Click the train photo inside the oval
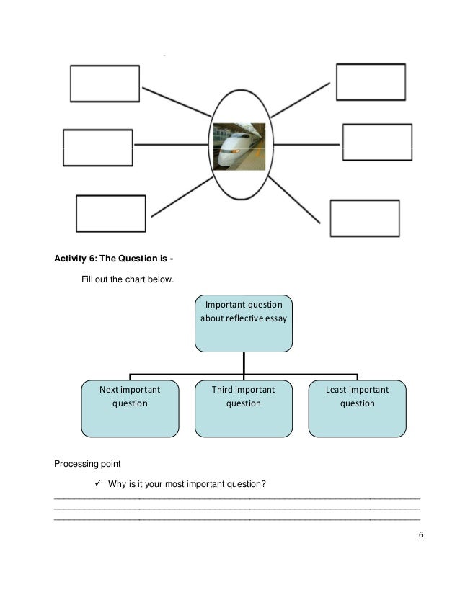239,146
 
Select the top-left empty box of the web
105,84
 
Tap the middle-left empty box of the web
98,148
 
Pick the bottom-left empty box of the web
110,213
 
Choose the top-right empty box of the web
371,81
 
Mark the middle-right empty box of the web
377,143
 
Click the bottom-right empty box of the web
365,218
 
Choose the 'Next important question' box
130,408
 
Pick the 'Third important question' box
244,408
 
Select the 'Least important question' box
357,408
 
